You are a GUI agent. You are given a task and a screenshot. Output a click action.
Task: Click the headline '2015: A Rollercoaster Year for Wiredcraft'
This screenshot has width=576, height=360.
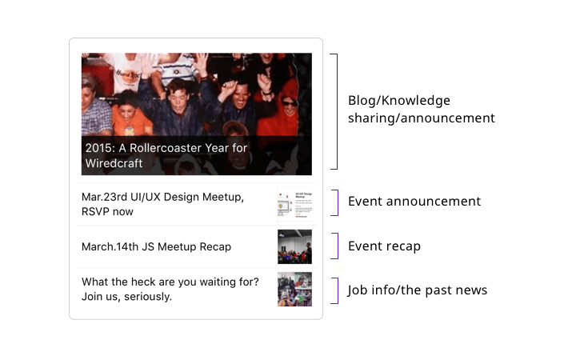(x=166, y=155)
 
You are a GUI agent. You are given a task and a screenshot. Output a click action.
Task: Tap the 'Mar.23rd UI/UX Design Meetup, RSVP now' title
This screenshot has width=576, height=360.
(x=162, y=204)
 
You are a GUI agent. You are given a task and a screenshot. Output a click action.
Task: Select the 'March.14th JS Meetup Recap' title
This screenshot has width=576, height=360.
(x=156, y=246)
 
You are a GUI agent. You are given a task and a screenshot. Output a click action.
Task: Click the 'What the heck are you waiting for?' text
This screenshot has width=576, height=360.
(x=170, y=282)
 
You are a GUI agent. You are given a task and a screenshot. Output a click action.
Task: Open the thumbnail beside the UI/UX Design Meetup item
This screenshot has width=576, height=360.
(x=294, y=204)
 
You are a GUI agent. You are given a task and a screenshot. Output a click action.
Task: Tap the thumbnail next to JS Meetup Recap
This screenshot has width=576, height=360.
(x=294, y=246)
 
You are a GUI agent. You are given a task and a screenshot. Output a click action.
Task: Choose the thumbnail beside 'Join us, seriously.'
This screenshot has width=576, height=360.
(x=294, y=289)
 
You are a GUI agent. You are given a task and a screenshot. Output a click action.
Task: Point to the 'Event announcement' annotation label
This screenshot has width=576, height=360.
(x=414, y=202)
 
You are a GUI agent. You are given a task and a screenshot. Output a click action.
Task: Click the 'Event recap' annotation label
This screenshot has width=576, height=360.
(x=384, y=246)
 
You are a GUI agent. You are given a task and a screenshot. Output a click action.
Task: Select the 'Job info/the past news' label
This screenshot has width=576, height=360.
(x=418, y=290)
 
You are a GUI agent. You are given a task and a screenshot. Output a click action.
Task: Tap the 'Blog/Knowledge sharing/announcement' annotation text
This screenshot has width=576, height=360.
(x=422, y=109)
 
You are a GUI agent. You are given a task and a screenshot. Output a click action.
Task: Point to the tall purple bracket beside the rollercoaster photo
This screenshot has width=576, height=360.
(x=337, y=112)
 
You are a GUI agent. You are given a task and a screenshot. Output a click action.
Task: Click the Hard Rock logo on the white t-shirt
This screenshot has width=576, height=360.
(x=127, y=74)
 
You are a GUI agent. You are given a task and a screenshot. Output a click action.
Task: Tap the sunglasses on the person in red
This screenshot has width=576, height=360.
(x=290, y=103)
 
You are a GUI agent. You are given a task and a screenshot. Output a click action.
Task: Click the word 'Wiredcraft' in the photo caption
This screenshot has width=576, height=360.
(x=114, y=163)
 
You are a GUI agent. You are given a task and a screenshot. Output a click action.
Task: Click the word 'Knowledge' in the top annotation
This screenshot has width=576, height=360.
(x=416, y=101)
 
